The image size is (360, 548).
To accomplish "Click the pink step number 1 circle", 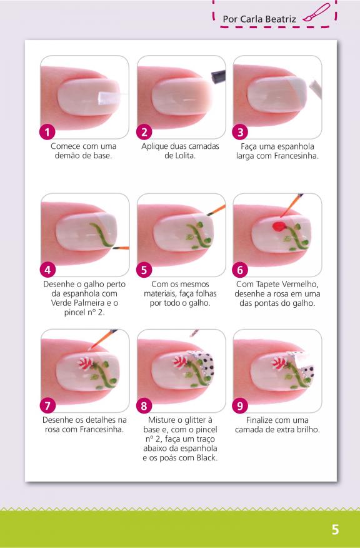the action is coord(47,133).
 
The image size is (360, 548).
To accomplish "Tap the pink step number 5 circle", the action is coord(144,270).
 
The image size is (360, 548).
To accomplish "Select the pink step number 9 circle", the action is coord(240,406).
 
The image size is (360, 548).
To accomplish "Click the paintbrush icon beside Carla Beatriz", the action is coord(316,13).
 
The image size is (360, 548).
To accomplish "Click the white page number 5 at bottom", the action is coord(335,529).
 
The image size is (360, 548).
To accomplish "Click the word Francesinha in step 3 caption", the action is coord(296,156).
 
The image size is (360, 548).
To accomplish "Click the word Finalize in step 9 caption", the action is coord(261,420).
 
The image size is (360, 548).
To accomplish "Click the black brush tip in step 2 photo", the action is coord(218,76).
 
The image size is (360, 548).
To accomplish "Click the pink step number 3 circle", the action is coord(240,133).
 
